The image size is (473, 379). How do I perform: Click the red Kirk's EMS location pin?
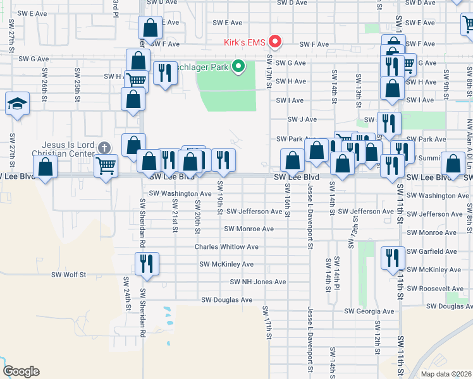click(275, 42)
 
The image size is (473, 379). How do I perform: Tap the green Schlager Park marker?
click(238, 66)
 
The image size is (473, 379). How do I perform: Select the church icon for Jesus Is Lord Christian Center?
click(104, 147)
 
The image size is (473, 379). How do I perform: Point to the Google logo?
click(20, 371)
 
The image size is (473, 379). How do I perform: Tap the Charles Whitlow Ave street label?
click(226, 247)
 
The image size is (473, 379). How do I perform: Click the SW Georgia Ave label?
click(370, 311)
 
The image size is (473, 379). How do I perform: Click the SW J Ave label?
click(302, 119)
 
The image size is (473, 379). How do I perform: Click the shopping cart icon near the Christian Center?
click(106, 165)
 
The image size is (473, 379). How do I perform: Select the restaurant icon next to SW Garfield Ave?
click(393, 257)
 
